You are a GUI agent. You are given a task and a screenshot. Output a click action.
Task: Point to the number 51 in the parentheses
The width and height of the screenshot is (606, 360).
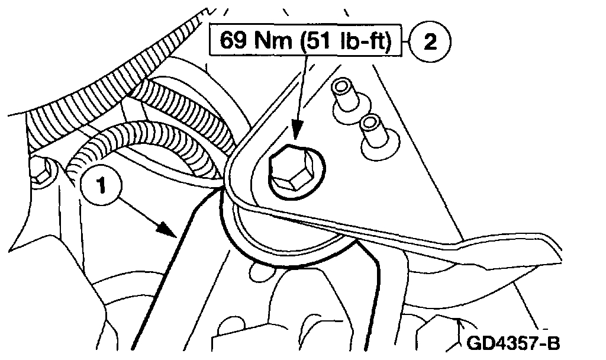pyautogui.click(x=320, y=41)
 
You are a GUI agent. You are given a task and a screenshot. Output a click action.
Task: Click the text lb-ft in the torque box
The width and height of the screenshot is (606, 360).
pyautogui.click(x=364, y=41)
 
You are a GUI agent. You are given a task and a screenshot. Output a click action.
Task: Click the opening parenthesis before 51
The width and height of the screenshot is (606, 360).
pyautogui.click(x=302, y=41)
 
